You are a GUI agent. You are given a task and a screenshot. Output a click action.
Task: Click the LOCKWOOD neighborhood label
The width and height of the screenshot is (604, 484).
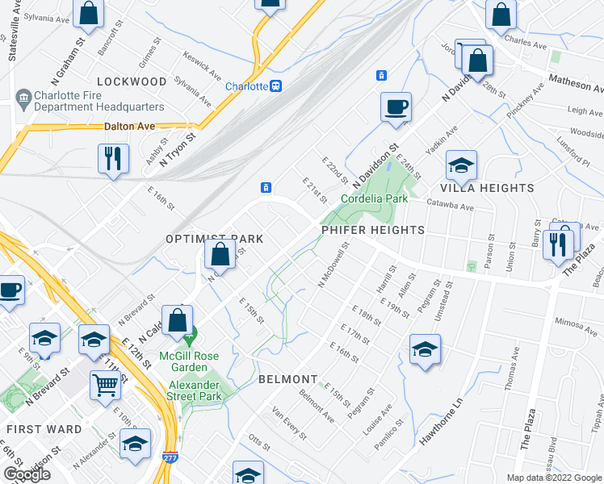pos(132,81)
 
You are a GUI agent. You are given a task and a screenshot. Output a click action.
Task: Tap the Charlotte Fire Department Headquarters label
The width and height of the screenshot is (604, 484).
pos(89,101)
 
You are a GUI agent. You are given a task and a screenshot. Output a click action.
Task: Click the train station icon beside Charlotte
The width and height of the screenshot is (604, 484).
pos(276,86)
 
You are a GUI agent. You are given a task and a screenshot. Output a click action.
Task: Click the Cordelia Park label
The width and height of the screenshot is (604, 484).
pos(374,198)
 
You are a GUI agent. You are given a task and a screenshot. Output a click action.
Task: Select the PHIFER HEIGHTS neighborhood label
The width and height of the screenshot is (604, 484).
pos(372,230)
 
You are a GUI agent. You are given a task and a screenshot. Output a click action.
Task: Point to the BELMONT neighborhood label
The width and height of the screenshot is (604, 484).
pos(287,379)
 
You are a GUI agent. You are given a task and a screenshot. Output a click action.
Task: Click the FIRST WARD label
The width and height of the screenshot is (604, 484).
pos(41,429)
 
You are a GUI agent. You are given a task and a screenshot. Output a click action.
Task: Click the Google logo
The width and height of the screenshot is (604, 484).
pos(26,475)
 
